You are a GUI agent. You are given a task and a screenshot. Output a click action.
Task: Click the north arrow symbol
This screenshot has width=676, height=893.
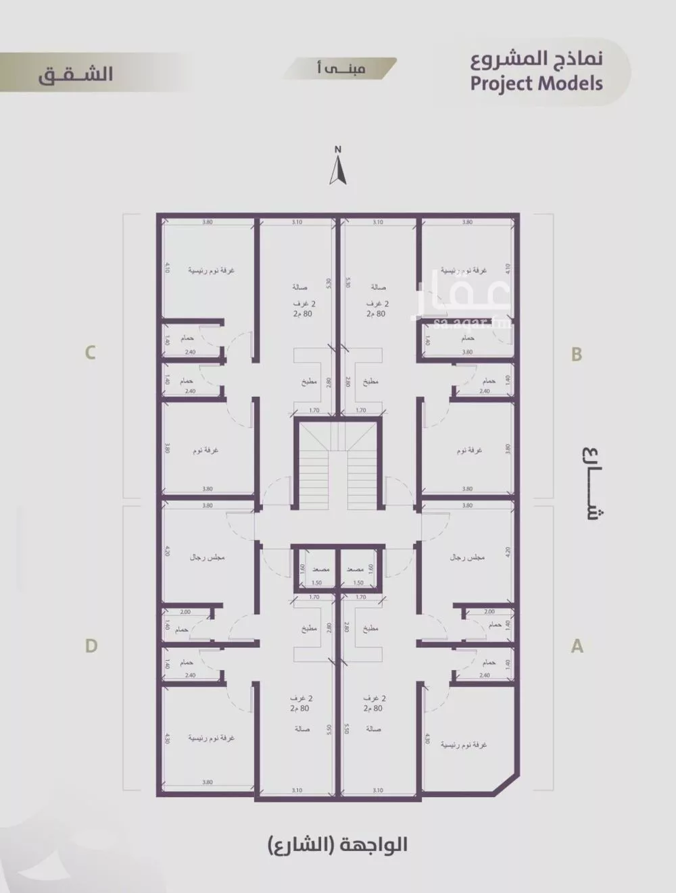pyautogui.click(x=338, y=168)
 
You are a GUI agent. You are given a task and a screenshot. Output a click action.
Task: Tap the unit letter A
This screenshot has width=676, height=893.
pyautogui.click(x=577, y=646)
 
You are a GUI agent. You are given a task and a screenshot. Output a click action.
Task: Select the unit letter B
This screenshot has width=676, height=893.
pyautogui.click(x=577, y=354)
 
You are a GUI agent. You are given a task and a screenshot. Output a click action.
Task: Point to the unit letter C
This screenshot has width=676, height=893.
pyautogui.click(x=90, y=353)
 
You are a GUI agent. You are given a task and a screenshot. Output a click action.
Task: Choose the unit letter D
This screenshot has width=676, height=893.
pyautogui.click(x=91, y=646)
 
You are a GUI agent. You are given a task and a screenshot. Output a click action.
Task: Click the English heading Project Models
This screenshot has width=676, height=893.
pyautogui.click(x=536, y=84)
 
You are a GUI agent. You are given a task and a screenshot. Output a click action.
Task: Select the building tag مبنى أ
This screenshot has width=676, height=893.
pyautogui.click(x=341, y=69)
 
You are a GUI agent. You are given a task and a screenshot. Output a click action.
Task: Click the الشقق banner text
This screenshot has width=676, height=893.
pyautogui.click(x=75, y=74)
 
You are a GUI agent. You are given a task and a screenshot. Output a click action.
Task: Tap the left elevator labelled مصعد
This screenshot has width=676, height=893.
pyautogui.click(x=320, y=569)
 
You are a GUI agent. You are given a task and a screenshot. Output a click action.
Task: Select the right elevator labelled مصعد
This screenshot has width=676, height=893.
pyautogui.click(x=356, y=569)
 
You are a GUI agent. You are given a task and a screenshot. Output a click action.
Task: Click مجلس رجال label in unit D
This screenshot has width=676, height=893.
pyautogui.click(x=207, y=558)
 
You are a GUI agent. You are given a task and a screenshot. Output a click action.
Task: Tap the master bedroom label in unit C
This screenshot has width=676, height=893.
pyautogui.click(x=211, y=270)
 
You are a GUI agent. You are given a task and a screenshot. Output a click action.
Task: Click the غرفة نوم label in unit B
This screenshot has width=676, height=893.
pyautogui.click(x=469, y=450)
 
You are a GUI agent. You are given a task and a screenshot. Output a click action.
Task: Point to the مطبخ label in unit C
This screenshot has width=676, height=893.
pyautogui.click(x=309, y=382)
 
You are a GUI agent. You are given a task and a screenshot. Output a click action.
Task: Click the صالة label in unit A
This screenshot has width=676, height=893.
pyautogui.click(x=374, y=730)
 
